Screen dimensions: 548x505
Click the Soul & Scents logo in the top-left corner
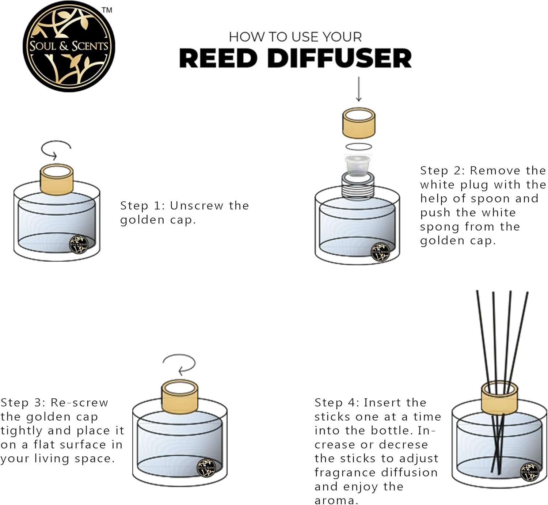[x=69, y=46]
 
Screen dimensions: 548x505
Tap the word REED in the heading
[x=218, y=58]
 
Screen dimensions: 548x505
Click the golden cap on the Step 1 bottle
[x=57, y=180]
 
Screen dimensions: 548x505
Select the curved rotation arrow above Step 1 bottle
[x=56, y=149]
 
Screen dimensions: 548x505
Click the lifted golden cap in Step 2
[x=359, y=123]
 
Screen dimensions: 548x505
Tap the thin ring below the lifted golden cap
[x=359, y=147]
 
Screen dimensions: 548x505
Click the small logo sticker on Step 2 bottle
[x=380, y=252]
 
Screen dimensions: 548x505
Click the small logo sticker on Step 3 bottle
[x=206, y=468]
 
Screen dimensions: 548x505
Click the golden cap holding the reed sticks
[x=499, y=399]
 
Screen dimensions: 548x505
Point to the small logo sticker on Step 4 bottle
[x=530, y=472]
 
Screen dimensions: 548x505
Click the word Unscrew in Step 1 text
[x=197, y=206]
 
